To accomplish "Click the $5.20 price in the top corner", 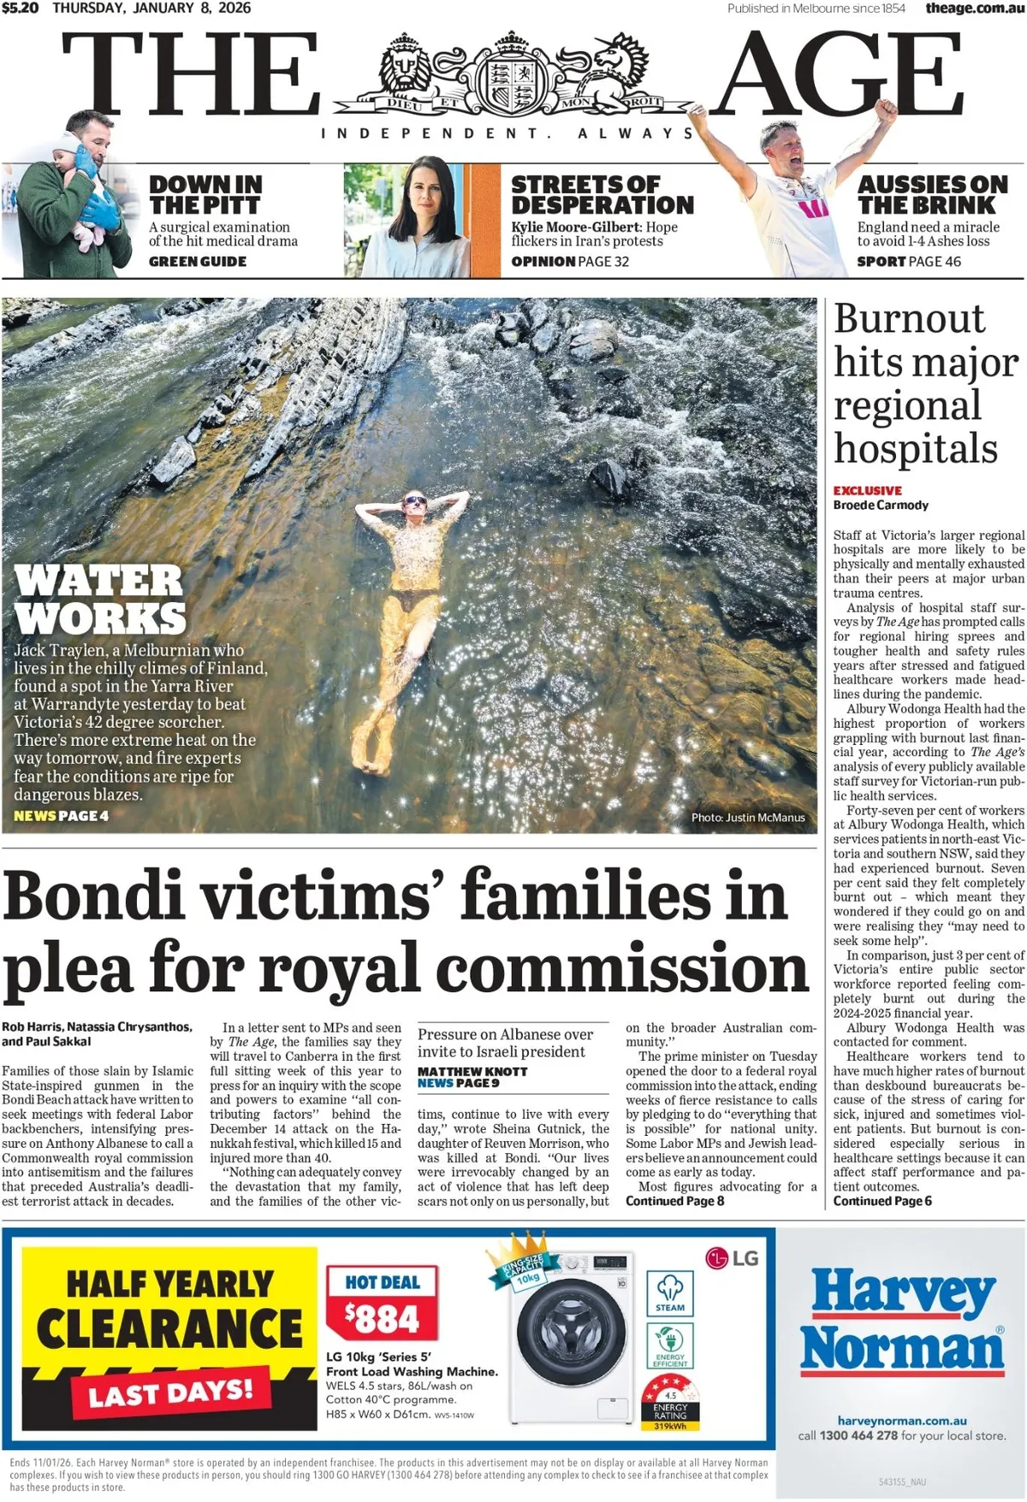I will [20, 8].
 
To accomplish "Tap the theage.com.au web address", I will [974, 8].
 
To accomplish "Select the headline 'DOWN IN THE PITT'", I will [205, 195].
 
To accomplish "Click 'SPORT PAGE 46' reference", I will [909, 262].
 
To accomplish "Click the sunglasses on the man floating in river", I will [415, 500].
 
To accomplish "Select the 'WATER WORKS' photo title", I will [99, 599].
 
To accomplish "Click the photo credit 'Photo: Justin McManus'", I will [748, 818].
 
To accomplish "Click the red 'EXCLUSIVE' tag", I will [867, 490].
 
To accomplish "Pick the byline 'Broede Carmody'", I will [881, 505].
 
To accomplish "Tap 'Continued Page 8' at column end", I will [674, 1201].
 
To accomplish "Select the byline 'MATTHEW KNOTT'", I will [472, 1071].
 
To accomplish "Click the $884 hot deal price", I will [382, 1318].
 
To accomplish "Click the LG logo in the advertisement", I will [733, 1257].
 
